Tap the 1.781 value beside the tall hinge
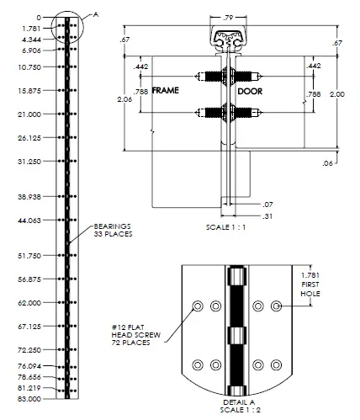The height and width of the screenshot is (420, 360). tap(32, 28)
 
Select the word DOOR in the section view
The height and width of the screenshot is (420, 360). tap(251, 90)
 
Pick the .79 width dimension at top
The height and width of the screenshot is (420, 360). tap(228, 17)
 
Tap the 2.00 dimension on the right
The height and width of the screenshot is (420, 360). tap(336, 94)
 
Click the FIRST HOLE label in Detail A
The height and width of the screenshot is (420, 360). tap(321, 290)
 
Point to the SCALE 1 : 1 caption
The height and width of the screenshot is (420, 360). tap(228, 227)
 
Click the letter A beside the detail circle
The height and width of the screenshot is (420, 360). tap(96, 14)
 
